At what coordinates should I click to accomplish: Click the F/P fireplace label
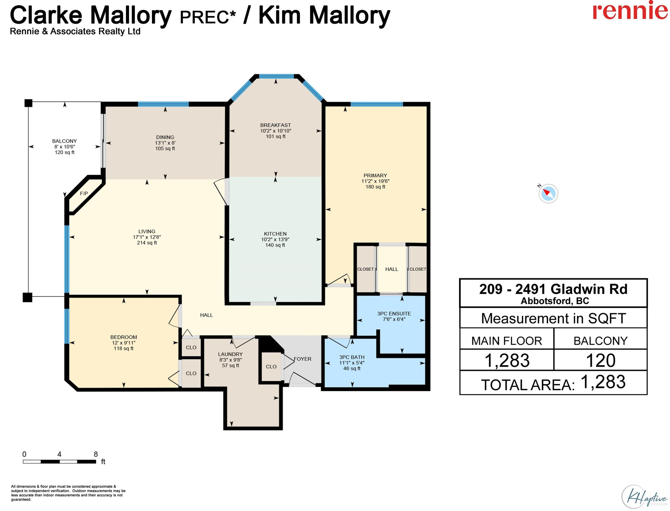(84, 193)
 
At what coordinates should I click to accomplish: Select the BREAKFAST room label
(275, 125)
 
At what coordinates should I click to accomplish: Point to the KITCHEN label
(275, 233)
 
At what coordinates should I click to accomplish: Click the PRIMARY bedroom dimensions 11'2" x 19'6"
(375, 181)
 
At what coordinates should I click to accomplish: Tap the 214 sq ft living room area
(147, 243)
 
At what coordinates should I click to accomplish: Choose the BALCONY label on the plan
(65, 141)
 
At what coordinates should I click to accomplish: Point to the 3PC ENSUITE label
(394, 314)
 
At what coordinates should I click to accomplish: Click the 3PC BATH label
(352, 357)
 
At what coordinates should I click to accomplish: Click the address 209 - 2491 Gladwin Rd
(553, 289)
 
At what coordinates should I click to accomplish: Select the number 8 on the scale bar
(96, 454)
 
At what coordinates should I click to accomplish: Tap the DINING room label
(165, 137)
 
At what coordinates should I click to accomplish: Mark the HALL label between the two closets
(392, 269)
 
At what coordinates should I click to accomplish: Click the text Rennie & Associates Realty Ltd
(75, 31)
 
